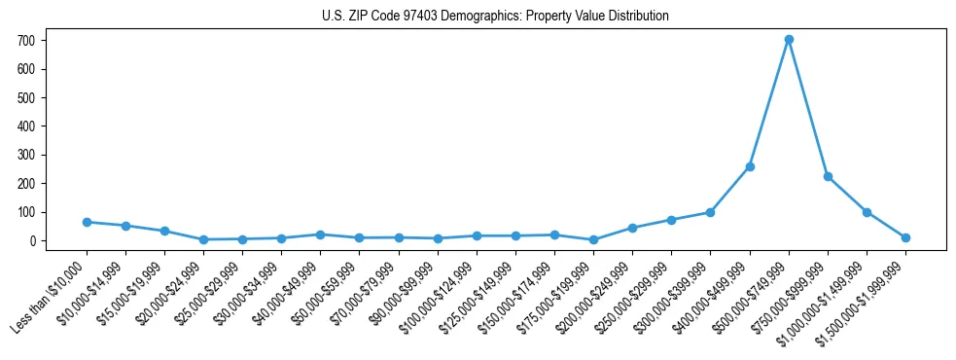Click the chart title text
click(x=495, y=16)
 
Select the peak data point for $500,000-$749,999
click(x=789, y=39)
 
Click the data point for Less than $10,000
click(x=87, y=222)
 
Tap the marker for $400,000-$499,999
click(x=750, y=166)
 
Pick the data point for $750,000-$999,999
click(x=828, y=176)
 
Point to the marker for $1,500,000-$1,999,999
click(x=905, y=237)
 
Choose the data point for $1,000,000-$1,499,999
click(x=867, y=212)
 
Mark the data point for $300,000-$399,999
click(x=711, y=212)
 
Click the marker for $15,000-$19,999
click(x=164, y=231)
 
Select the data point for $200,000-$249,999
click(x=632, y=228)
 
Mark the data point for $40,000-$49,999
click(x=320, y=234)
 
